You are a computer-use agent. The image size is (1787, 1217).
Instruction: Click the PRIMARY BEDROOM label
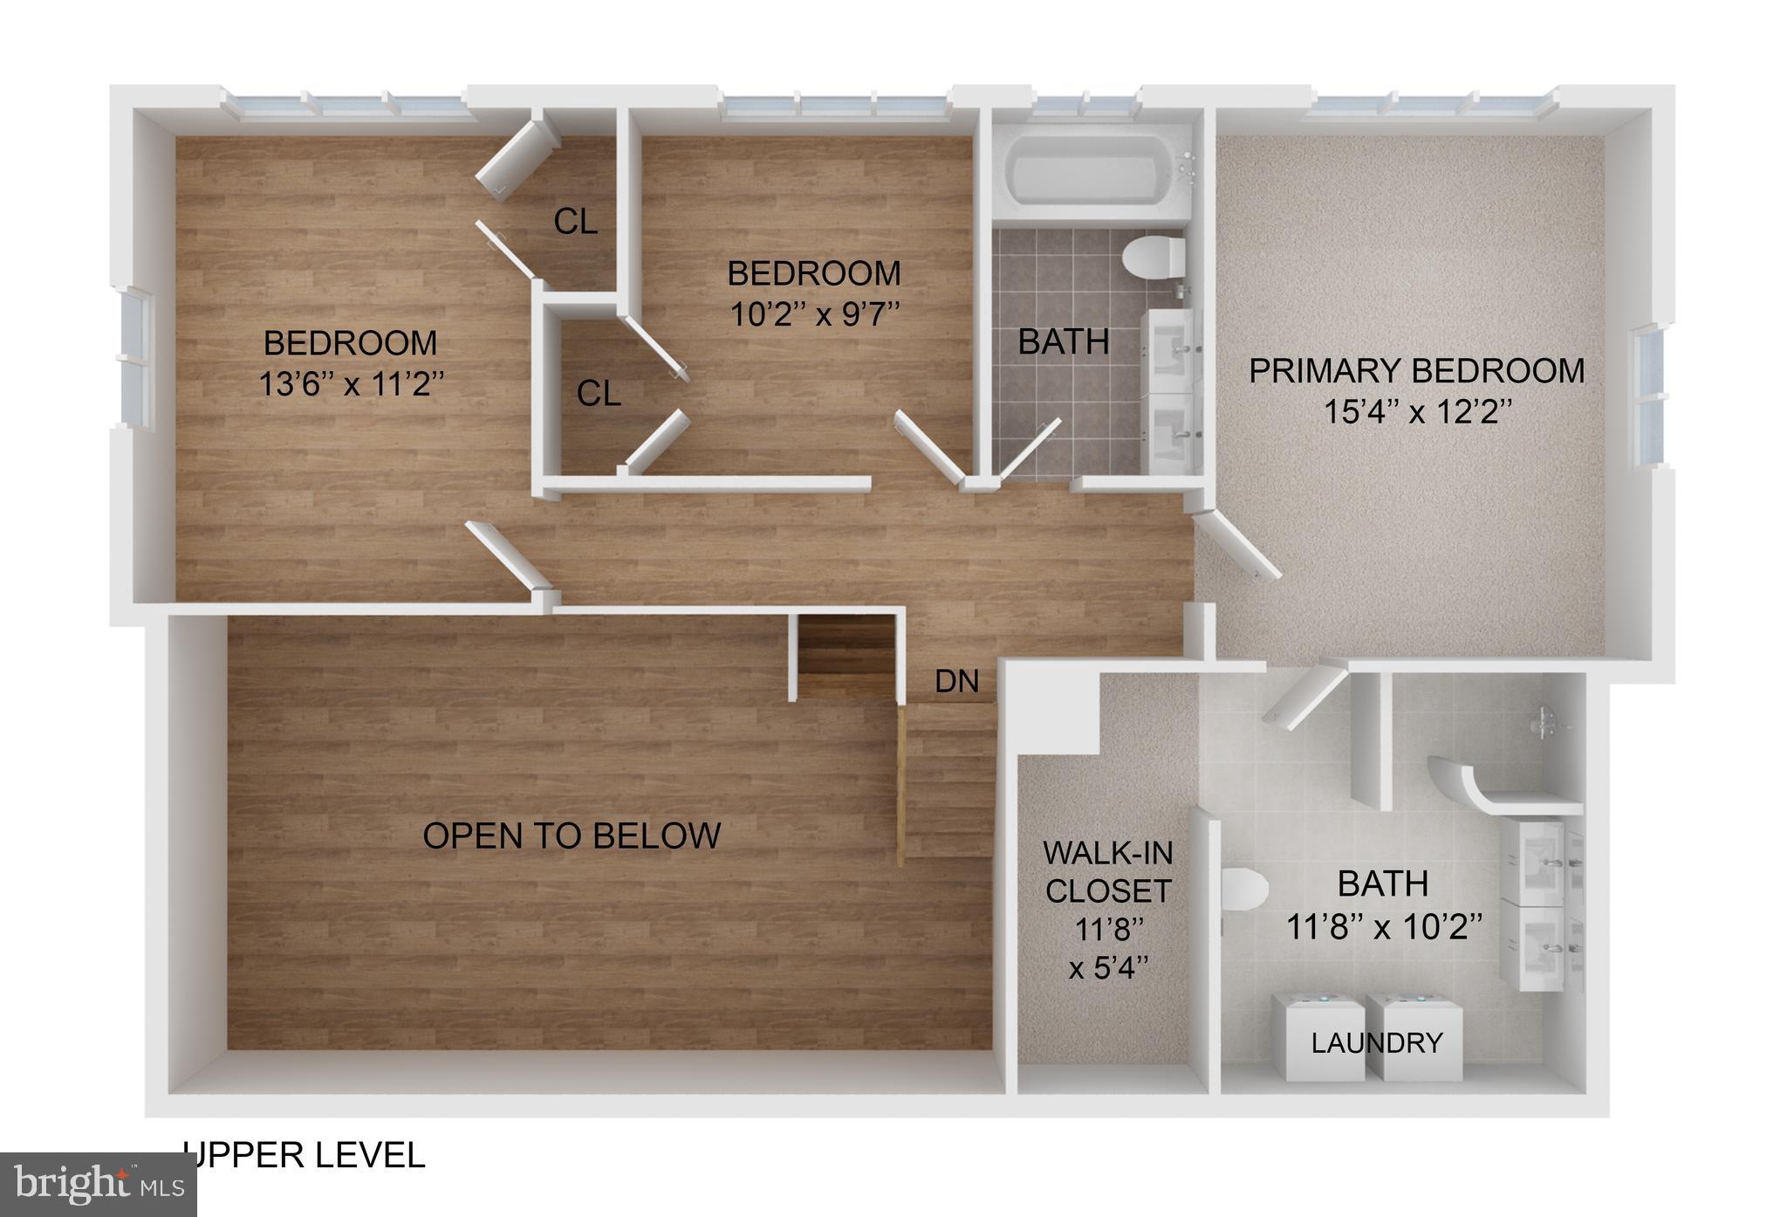click(x=1416, y=371)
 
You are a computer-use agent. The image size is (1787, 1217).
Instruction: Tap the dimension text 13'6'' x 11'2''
click(x=352, y=383)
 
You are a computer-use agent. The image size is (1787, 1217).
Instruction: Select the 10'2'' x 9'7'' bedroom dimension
click(x=814, y=313)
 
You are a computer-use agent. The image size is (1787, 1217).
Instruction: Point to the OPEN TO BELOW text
click(x=572, y=836)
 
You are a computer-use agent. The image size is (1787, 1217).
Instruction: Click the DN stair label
click(x=956, y=682)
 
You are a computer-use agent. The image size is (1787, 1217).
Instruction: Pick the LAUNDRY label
click(x=1376, y=1042)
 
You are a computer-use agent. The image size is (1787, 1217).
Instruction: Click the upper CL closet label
click(x=576, y=223)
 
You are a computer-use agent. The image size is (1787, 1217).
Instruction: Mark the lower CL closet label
click(x=599, y=394)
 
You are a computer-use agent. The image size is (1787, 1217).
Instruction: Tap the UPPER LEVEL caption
click(x=305, y=1155)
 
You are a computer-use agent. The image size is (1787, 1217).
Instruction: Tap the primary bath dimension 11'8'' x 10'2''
click(x=1384, y=926)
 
